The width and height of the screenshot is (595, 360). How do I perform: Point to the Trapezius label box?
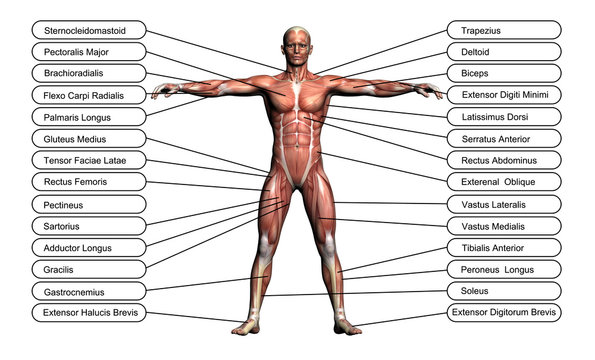tap(505, 29)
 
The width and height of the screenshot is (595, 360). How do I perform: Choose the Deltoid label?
tap(505, 51)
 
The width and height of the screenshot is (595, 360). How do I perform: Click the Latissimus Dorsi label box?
tap(505, 116)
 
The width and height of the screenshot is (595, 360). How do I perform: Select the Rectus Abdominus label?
tap(505, 160)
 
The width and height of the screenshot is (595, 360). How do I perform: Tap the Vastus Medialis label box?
tap(505, 225)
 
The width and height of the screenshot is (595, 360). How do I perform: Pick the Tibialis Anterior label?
tap(505, 247)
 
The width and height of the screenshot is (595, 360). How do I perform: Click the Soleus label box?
tap(505, 291)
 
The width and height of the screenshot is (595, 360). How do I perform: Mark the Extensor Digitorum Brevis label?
tap(505, 313)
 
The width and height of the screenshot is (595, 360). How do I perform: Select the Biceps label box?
tap(505, 73)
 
